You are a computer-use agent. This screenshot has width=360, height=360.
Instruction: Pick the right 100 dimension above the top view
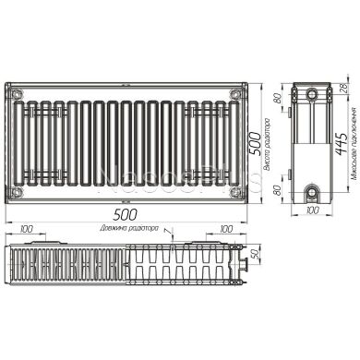pyautogui.click(x=224, y=227)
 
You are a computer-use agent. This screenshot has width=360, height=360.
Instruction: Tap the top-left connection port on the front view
pyautogui.click(x=14, y=93)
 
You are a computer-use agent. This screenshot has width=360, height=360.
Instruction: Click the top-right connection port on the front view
pyautogui.click(x=237, y=93)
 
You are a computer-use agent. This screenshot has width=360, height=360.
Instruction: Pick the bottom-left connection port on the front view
pyautogui.click(x=14, y=191)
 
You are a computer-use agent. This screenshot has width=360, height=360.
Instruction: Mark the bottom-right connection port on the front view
pyautogui.click(x=237, y=191)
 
